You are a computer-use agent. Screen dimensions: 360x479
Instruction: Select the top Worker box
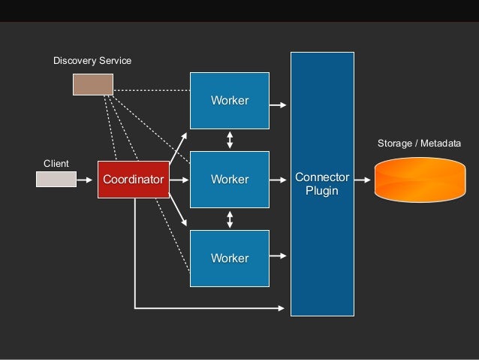click(230, 101)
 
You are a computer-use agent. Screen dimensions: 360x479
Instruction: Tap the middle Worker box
click(230, 180)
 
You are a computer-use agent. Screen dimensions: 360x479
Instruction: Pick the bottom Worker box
click(230, 259)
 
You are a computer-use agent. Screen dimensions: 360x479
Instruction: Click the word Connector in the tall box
click(322, 177)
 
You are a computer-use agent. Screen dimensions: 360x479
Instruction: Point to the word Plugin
click(322, 191)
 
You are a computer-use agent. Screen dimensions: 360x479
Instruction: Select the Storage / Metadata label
click(419, 143)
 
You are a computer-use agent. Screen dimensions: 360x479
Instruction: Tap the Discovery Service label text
click(92, 59)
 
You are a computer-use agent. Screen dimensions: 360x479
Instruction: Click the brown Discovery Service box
click(92, 85)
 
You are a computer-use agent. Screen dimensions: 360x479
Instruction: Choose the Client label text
click(56, 163)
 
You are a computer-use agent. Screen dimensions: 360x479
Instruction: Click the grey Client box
click(56, 180)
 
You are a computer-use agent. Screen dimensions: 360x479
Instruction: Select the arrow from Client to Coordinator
click(87, 180)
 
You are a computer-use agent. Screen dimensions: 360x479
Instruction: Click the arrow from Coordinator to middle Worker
click(179, 180)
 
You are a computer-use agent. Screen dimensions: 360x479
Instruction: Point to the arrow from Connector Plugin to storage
click(363, 180)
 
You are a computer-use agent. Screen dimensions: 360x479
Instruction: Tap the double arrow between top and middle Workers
click(230, 140)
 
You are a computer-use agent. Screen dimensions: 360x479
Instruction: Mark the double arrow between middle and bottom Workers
click(230, 219)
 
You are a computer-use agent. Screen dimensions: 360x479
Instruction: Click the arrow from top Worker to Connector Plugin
click(279, 105)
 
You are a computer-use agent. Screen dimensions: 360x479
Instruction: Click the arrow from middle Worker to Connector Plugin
click(279, 180)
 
